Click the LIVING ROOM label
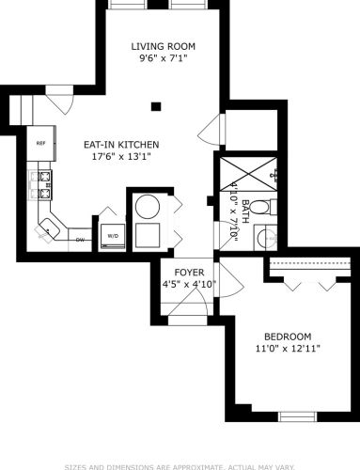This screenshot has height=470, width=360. click(162, 45)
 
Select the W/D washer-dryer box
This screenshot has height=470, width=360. click(112, 234)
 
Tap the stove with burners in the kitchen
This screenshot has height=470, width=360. click(41, 184)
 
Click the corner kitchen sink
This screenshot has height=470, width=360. click(48, 227)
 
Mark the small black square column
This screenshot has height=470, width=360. click(157, 106)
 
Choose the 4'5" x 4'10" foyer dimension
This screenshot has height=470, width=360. click(189, 283)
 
